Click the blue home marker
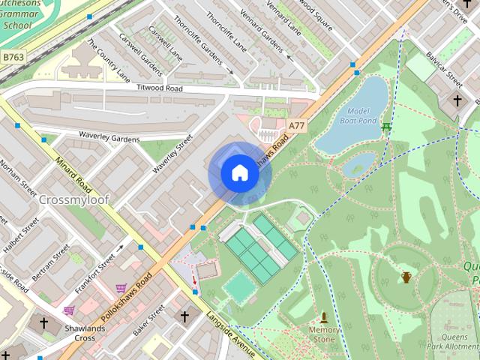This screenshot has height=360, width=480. tap(239, 173)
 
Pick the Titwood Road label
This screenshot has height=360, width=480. tap(159, 88)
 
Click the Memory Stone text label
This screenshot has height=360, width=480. tap(324, 334)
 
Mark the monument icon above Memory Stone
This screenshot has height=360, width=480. tap(324, 317)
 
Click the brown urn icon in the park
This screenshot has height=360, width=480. tap(406, 277)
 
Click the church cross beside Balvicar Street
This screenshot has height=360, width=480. tap(457, 100)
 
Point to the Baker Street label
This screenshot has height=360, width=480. tap(148, 320)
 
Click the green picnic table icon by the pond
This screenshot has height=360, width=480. tap(386, 127)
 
